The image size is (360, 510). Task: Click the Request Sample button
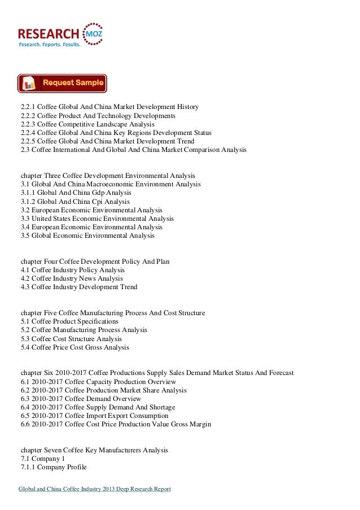pos(62,84)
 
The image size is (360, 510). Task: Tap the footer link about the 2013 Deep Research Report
pos(95,489)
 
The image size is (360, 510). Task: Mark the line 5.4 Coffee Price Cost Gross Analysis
pos(74,348)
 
